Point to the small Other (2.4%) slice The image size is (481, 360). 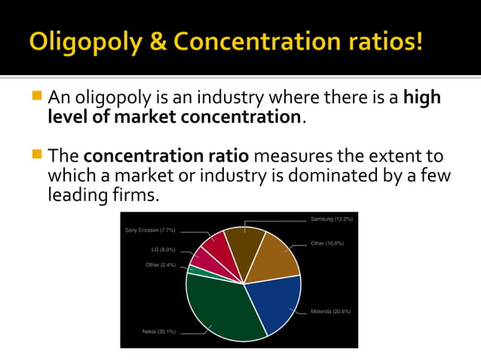[193, 270]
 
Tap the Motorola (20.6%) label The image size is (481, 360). [331, 311]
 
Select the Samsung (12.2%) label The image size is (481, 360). [331, 218]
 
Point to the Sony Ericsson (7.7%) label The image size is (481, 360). [150, 230]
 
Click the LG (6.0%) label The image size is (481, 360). [163, 249]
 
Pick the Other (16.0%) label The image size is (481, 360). [327, 243]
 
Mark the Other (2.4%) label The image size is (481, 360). [161, 264]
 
